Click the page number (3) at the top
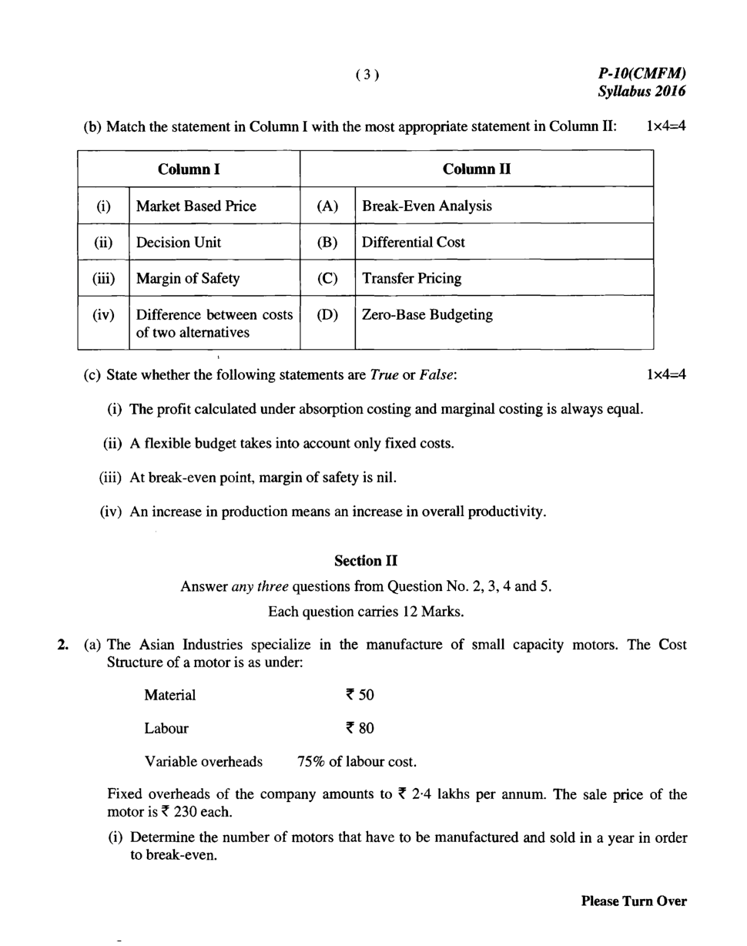(367, 75)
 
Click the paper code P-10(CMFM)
(641, 73)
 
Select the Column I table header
(189, 169)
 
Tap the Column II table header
(476, 169)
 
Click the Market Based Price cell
(196, 206)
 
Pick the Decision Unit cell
(179, 242)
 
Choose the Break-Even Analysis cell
(427, 206)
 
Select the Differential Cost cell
(414, 242)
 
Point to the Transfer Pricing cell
(412, 278)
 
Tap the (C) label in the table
(327, 278)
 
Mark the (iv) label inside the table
(103, 314)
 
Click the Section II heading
(366, 561)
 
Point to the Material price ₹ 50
(360, 695)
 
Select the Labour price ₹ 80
(360, 728)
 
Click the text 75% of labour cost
(357, 762)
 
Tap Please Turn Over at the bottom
(633, 901)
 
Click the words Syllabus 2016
(641, 91)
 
